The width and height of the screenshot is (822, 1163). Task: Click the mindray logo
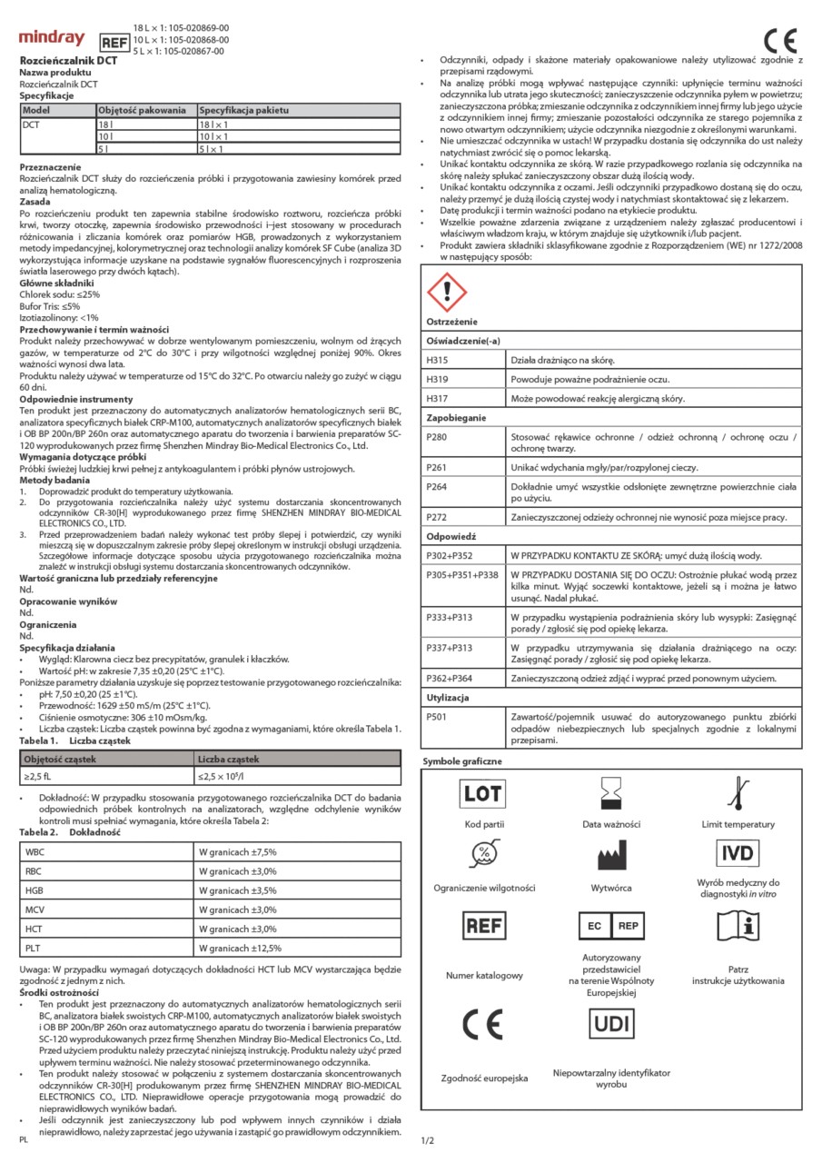[x=53, y=38]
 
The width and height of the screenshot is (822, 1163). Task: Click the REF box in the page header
[x=114, y=42]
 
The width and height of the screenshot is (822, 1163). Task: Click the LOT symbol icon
[x=483, y=793]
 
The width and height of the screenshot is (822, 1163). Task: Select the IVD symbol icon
[x=738, y=853]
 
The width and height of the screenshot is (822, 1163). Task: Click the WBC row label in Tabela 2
[x=35, y=851]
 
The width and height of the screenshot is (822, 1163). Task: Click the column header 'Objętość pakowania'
[x=142, y=109]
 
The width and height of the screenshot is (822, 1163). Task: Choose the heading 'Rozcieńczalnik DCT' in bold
[x=68, y=60]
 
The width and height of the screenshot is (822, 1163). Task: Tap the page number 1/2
[x=428, y=1138]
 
